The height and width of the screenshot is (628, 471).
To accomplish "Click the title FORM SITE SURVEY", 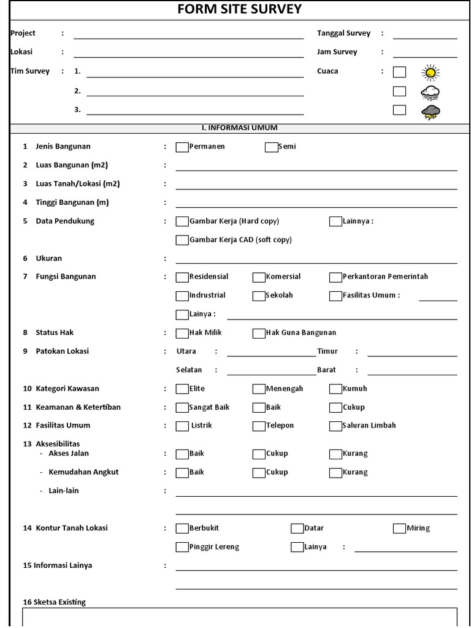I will click(x=239, y=9).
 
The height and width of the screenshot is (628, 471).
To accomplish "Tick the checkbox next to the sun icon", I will click(x=399, y=72).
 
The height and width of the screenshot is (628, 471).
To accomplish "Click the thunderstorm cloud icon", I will click(x=431, y=112).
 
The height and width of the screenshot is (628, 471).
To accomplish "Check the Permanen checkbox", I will click(x=182, y=147).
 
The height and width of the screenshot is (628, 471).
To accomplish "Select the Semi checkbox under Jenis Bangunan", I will click(x=271, y=147).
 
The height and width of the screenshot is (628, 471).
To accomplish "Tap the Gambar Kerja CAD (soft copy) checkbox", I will click(x=182, y=240).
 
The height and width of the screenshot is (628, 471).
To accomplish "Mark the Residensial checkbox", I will click(x=182, y=277).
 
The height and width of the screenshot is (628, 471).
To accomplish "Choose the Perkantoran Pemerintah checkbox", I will click(x=335, y=277).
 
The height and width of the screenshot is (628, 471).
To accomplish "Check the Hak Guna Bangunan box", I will click(x=259, y=334).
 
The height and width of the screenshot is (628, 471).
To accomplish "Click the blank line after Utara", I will click(x=271, y=353).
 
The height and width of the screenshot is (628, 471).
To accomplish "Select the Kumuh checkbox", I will click(x=335, y=389).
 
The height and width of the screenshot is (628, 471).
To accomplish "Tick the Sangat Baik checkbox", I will click(x=182, y=408).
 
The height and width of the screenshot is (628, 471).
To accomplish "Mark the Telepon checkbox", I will click(x=259, y=426).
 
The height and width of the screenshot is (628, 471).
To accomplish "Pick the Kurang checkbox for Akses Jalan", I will click(x=335, y=454).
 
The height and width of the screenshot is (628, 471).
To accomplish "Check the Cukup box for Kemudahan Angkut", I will click(x=259, y=473).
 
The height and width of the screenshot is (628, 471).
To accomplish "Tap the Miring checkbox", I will click(x=399, y=529).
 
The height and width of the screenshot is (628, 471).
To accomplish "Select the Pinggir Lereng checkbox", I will click(x=182, y=547).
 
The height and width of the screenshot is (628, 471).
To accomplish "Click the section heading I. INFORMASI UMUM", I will click(x=239, y=128).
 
